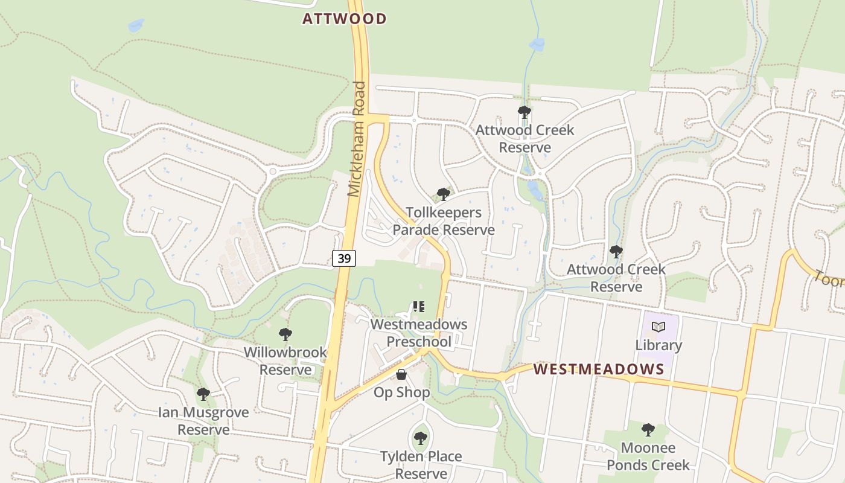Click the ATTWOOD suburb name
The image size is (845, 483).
click(344, 19)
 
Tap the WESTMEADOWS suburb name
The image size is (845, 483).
click(599, 369)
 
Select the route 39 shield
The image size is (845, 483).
click(344, 258)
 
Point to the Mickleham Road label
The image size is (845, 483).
click(357, 139)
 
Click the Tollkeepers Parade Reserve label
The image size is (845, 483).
click(444, 221)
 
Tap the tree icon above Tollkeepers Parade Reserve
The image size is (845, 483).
click(444, 194)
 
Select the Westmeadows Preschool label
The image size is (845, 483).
click(419, 333)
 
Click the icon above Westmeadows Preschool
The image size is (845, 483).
click(419, 307)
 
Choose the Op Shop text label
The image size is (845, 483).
click(401, 392)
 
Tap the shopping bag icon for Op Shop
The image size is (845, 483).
click(401, 375)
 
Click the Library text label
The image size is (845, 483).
click(658, 345)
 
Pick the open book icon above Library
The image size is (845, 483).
click(658, 327)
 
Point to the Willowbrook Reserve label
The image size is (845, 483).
click(285, 360)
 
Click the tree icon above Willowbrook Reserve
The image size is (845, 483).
click(285, 334)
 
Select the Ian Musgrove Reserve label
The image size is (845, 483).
click(203, 421)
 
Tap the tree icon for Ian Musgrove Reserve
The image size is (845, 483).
click(203, 394)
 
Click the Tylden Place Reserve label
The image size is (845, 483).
click(421, 465)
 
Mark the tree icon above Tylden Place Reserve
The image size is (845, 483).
click(421, 438)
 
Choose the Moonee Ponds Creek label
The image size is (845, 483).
click(648, 456)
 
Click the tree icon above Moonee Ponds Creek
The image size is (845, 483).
click(648, 430)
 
